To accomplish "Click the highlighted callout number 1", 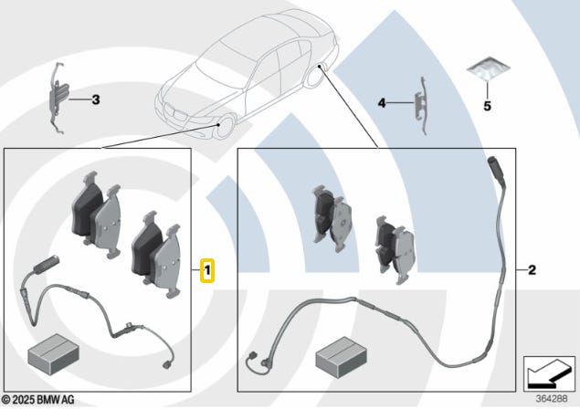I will click(x=208, y=271).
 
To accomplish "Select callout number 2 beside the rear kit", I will click(x=531, y=270).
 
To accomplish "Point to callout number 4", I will click(x=383, y=104).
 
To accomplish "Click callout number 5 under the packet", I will click(x=487, y=106).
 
